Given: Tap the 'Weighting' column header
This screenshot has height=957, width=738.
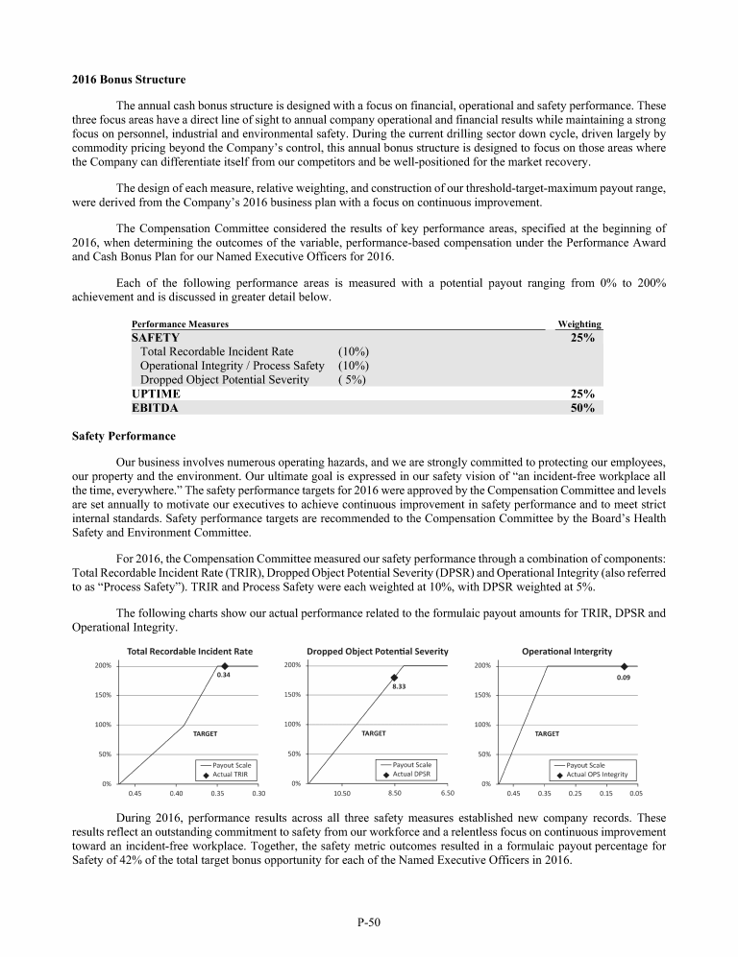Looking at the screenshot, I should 579,324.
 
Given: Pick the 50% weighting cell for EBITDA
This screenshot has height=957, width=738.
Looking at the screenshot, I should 582,408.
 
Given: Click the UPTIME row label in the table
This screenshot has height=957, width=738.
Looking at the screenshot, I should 154,394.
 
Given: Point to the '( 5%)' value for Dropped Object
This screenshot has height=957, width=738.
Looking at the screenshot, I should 353,379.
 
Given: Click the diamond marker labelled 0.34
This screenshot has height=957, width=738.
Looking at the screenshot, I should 225,665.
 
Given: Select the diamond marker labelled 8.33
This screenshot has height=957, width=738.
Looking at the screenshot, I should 394,678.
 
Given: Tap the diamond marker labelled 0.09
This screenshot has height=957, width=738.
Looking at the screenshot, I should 624,665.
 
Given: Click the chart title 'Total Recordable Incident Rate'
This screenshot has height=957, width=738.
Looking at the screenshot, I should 189,651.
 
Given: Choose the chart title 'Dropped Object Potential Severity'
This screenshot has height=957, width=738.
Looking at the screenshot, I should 378,651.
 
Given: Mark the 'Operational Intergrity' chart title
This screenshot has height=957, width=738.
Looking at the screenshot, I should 567,651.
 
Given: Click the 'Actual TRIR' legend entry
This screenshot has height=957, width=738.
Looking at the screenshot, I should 226,774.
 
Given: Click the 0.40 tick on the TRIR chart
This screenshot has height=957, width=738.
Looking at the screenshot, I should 177,794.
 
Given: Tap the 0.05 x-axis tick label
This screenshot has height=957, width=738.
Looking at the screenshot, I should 636,794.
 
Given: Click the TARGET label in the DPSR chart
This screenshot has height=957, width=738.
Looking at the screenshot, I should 374,732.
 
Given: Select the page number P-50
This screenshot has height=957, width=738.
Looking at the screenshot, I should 369,923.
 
